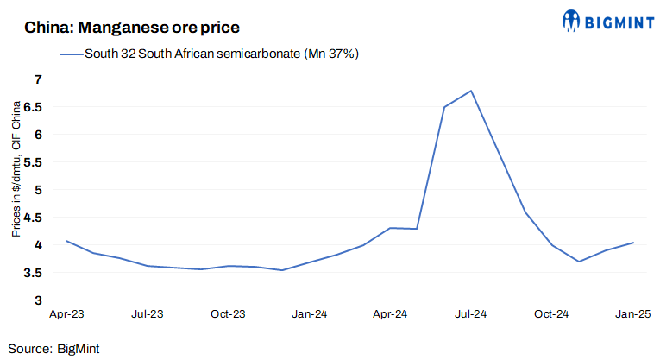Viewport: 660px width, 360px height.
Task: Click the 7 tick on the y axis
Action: pos(37,79)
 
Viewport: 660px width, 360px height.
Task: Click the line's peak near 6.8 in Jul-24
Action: pos(471,91)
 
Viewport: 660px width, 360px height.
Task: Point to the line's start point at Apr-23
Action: pos(66,241)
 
